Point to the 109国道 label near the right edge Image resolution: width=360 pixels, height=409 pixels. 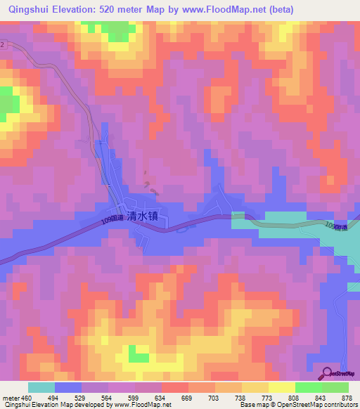tap(336, 226)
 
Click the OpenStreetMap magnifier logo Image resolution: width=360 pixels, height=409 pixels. tap(328, 373)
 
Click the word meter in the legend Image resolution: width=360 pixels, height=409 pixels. tap(11, 397)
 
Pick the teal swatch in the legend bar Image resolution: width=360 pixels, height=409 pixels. tap(41, 387)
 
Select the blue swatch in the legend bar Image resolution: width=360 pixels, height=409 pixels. tap(68, 387)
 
